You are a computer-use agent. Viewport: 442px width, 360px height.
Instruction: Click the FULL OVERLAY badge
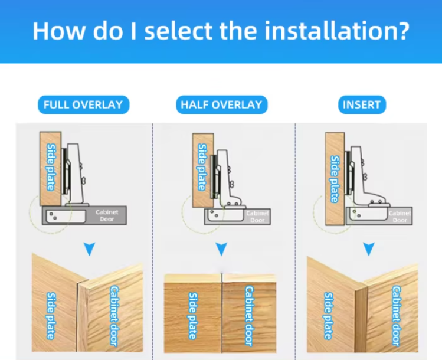[83, 104]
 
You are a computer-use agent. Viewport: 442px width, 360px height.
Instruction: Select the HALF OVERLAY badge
[221, 104]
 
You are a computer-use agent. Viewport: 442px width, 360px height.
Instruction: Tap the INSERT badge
[362, 104]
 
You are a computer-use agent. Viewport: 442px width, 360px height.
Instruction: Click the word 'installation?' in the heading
[336, 31]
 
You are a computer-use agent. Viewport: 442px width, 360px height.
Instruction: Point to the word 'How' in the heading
[58, 31]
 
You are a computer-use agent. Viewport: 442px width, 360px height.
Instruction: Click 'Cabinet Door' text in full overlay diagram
[107, 215]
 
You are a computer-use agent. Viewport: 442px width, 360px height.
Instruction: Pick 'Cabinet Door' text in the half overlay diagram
[257, 217]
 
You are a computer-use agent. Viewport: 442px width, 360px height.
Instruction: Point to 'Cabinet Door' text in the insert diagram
[400, 217]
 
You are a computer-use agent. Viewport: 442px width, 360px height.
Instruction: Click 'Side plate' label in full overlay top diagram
[51, 167]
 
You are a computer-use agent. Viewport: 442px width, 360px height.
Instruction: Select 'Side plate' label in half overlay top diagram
[202, 167]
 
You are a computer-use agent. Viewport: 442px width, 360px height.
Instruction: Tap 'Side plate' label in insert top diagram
[335, 179]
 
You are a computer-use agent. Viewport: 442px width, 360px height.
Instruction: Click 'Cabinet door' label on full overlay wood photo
[114, 316]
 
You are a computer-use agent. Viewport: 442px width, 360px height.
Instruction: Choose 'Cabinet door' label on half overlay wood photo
[249, 316]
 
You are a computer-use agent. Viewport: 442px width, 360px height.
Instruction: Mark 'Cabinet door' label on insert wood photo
[397, 316]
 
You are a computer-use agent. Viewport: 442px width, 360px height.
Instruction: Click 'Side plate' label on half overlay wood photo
[193, 316]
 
